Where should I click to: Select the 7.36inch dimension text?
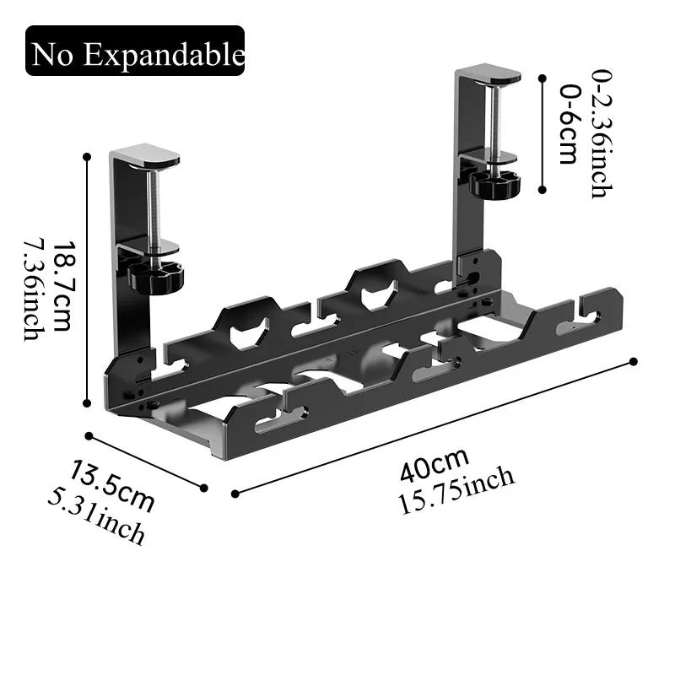34,288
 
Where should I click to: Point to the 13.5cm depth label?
113,485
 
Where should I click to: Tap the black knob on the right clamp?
494,183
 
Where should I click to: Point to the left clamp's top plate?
145,157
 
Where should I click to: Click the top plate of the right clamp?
489,77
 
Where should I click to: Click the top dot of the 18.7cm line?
87,156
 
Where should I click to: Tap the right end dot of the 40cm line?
634,362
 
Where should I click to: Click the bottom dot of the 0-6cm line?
541,191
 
